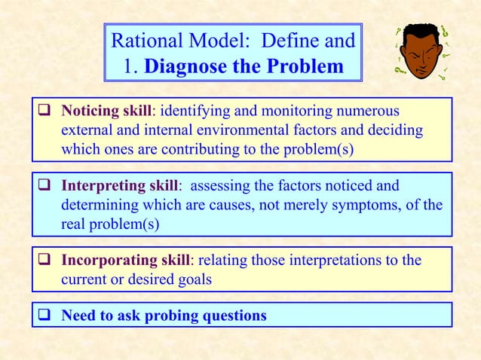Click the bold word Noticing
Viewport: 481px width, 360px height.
(x=90, y=111)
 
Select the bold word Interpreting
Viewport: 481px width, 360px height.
(x=99, y=185)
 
